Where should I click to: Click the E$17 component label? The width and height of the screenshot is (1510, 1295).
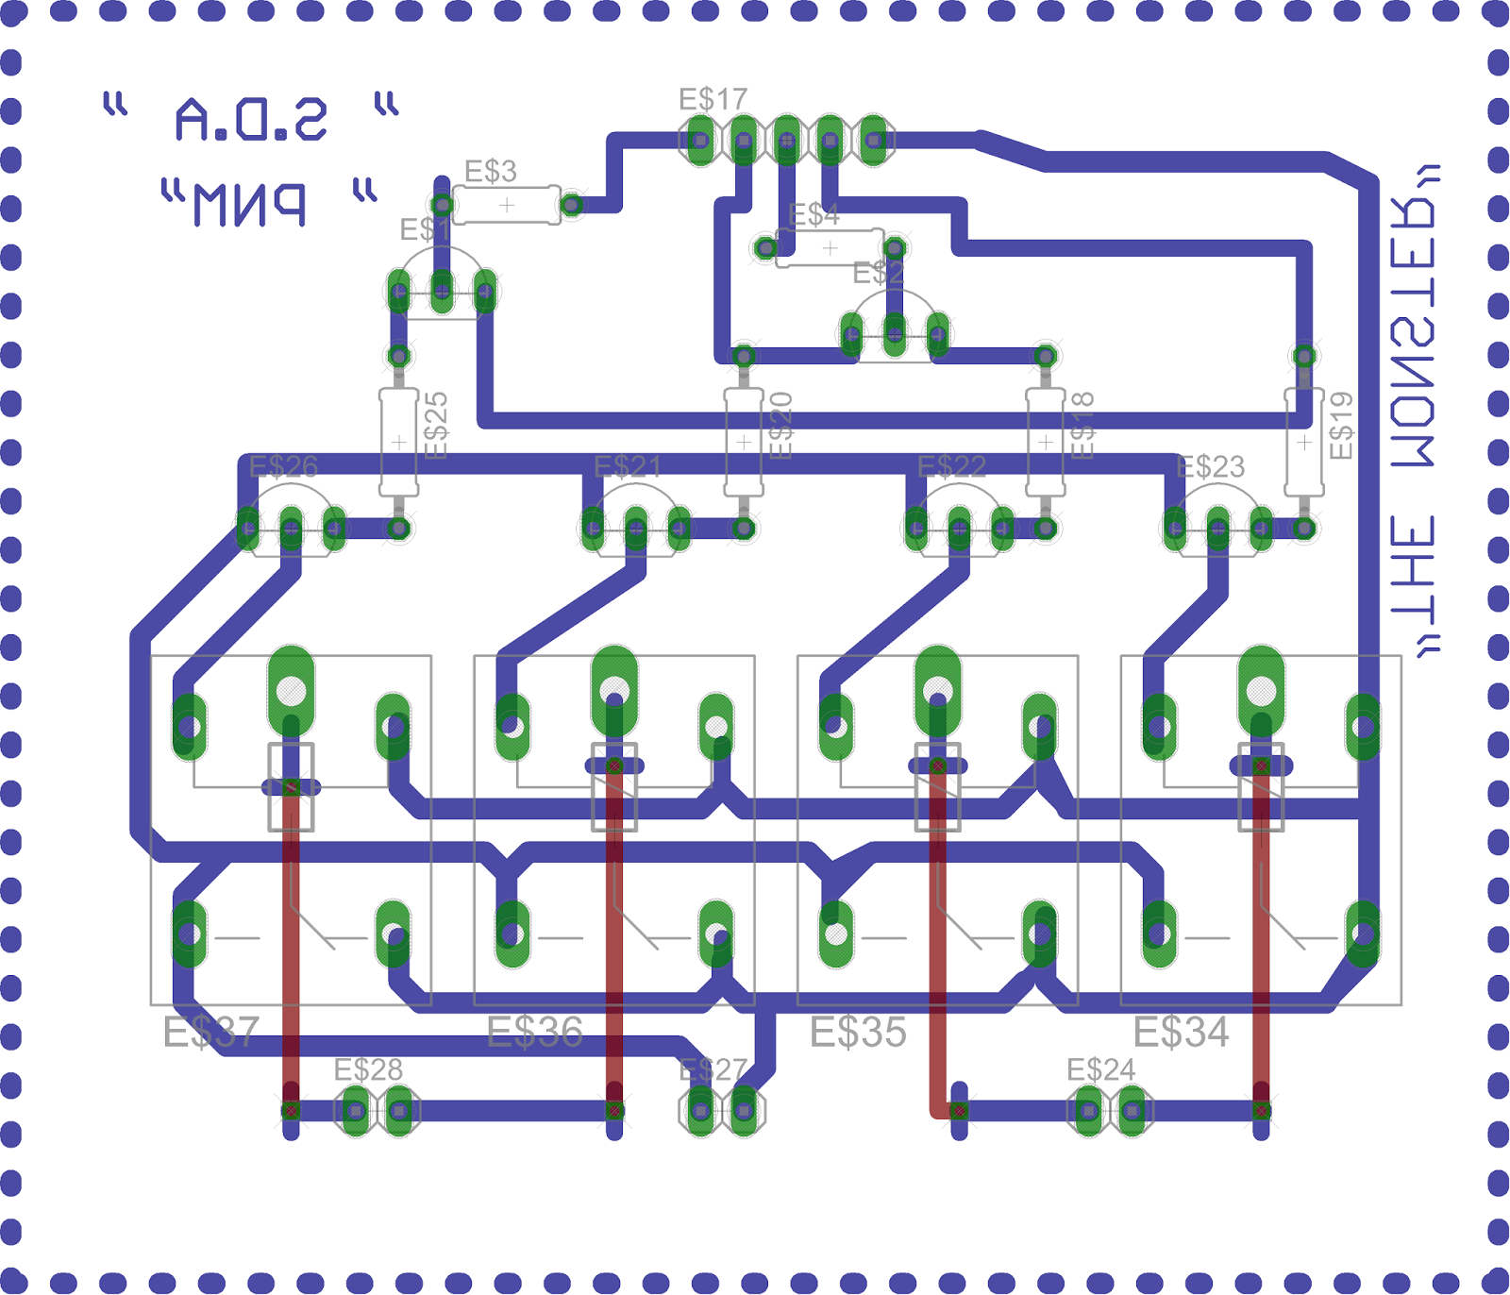click(713, 99)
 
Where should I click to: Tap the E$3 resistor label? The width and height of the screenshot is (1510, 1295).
click(491, 172)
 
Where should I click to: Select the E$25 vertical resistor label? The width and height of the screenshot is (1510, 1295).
click(436, 426)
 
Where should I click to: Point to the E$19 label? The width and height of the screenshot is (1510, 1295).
click(1341, 426)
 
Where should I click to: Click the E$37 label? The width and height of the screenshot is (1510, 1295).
click(210, 1032)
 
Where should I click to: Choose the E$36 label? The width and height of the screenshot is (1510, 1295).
click(534, 1032)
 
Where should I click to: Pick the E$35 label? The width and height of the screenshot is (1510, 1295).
click(858, 1032)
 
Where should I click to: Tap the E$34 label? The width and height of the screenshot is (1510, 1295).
click(1181, 1032)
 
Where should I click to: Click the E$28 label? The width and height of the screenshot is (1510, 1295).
click(368, 1069)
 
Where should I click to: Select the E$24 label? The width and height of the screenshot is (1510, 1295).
click(1100, 1069)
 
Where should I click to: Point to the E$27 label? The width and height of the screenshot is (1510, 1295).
click(713, 1069)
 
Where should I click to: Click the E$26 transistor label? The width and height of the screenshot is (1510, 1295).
click(283, 466)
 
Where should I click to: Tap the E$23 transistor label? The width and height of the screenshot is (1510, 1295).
click(1211, 466)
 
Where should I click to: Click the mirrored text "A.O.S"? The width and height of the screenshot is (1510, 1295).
click(251, 119)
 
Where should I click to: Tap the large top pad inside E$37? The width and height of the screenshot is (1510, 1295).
click(292, 690)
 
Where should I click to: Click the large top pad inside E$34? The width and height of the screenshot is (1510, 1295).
click(1261, 690)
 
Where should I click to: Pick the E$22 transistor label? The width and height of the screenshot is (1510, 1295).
click(951, 466)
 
